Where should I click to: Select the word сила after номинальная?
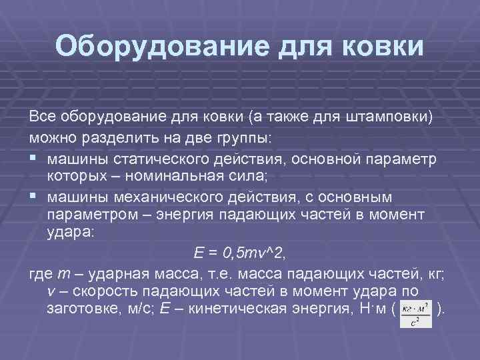point(247,177)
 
